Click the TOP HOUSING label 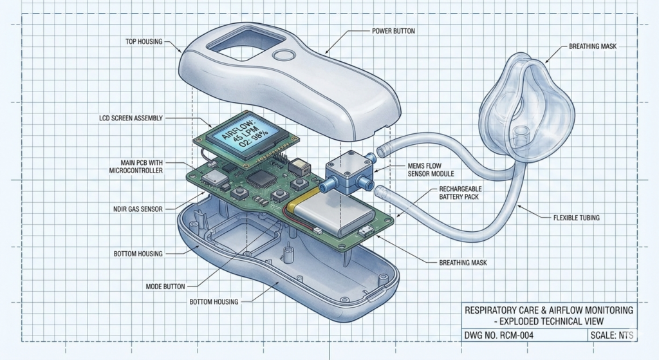coord(144,42)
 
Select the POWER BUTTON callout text coord(394,30)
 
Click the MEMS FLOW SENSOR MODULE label coord(432,170)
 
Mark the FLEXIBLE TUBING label coord(576,218)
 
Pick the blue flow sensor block coord(348,171)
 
